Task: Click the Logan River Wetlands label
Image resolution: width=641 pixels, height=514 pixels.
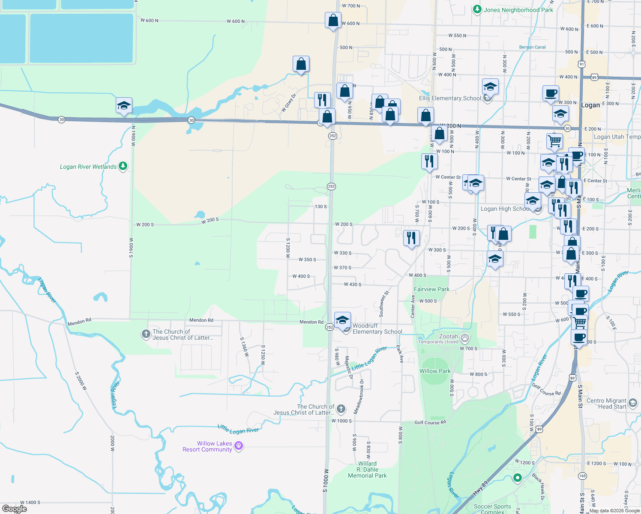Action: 88,167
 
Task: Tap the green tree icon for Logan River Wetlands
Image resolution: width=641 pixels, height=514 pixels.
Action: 123,166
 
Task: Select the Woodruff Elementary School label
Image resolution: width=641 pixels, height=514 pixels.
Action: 377,329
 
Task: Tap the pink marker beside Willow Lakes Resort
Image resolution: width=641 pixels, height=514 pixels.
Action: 239,446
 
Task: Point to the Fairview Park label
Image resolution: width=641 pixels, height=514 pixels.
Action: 431,289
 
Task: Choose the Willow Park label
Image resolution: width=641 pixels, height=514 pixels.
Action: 435,371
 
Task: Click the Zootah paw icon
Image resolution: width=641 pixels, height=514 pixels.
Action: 465,339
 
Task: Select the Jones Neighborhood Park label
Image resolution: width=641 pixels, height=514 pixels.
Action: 518,10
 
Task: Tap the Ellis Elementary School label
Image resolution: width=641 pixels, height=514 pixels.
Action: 450,98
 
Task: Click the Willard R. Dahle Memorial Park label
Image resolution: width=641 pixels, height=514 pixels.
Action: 367,469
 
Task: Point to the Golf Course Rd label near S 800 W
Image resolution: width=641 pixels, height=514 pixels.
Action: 430,422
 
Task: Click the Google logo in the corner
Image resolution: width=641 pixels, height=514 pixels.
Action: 14,509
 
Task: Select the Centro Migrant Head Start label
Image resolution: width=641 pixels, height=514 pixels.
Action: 606,403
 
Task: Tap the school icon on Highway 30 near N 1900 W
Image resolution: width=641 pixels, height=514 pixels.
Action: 124,105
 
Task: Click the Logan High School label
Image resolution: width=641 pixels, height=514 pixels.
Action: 505,209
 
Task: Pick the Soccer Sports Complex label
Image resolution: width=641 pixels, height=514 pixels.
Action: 492,509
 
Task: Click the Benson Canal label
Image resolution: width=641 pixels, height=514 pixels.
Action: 532,47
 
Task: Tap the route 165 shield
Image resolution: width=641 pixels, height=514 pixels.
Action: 582,476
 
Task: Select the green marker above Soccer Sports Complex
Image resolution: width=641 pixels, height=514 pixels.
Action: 517,477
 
